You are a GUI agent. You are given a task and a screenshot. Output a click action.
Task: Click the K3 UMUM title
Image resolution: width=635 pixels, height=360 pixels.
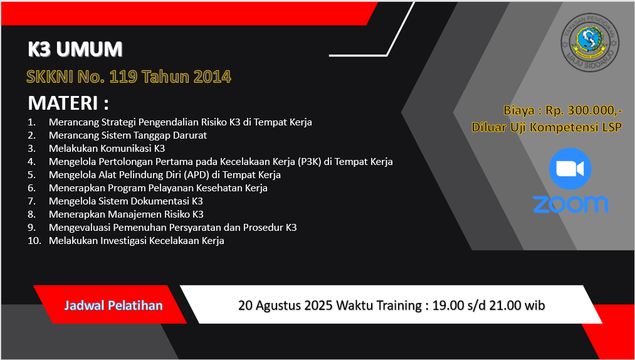pyautogui.click(x=75, y=50)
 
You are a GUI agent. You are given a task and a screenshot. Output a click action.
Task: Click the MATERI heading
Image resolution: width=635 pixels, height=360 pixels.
pyautogui.click(x=68, y=103)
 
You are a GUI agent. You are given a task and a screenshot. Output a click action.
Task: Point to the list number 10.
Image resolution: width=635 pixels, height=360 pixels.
pyautogui.click(x=34, y=240)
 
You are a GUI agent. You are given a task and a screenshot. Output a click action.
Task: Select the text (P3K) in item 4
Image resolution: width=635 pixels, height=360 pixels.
pyautogui.click(x=310, y=162)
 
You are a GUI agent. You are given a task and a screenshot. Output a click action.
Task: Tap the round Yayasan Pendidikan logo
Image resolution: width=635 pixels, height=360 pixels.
pyautogui.click(x=590, y=43)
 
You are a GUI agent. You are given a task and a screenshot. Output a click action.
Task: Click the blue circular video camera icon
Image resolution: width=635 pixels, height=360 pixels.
pyautogui.click(x=570, y=169)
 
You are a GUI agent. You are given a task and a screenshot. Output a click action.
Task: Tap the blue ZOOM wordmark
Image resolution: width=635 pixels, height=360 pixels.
pyautogui.click(x=570, y=204)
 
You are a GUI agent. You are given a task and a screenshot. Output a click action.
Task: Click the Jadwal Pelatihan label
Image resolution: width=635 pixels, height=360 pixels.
pyautogui.click(x=113, y=305)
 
